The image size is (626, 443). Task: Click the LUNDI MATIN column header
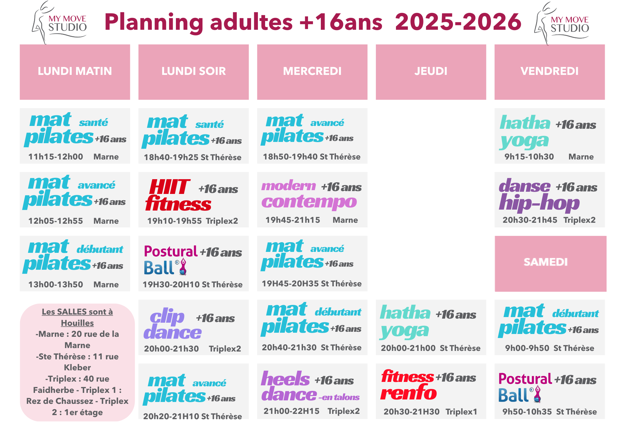[75, 71]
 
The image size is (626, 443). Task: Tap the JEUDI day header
[431, 71]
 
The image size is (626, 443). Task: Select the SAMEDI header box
[551, 263]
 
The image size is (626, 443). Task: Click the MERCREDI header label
[312, 71]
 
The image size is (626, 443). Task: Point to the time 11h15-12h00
[56, 157]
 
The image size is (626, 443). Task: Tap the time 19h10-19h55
[174, 221]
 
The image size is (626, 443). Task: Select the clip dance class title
[172, 324]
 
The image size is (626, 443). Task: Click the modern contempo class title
[309, 195]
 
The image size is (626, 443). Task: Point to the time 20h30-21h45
[530, 220]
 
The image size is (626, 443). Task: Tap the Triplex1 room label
[461, 412]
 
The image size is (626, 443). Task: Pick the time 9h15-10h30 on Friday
[529, 157]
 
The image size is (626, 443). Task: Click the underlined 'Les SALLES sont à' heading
[77, 312]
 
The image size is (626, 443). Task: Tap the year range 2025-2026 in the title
[458, 22]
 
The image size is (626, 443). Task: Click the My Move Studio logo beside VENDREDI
[562, 23]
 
